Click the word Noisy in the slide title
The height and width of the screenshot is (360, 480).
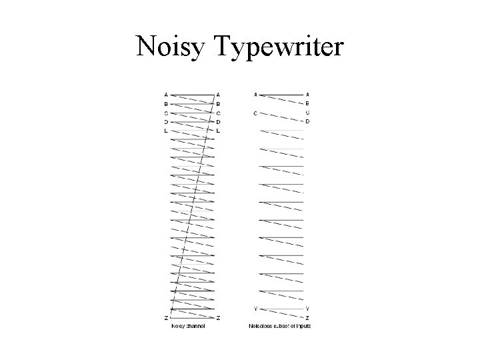[171, 46]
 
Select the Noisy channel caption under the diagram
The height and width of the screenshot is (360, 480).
[188, 326]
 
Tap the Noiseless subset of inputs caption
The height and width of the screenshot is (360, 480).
[280, 326]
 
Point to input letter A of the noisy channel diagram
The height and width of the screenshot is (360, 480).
[166, 95]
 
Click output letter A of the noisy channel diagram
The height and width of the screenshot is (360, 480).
[219, 95]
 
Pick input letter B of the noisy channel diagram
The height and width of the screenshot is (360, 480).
[166, 104]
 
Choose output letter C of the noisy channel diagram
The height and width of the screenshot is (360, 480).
[219, 113]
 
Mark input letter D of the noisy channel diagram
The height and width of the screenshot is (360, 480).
[166, 122]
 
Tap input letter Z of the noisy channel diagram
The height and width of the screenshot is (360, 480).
[166, 318]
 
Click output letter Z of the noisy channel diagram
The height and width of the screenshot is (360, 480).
[219, 318]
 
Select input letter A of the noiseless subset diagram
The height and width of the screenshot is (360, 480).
[255, 95]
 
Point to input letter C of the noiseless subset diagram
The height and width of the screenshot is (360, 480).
[255, 113]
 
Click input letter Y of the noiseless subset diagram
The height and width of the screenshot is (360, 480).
[255, 309]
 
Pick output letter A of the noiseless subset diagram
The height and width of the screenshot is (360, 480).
[307, 95]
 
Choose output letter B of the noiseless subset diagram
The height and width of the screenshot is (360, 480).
[307, 104]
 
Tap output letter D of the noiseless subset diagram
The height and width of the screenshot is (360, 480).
[307, 122]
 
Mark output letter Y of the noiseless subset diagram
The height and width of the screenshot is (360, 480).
[307, 309]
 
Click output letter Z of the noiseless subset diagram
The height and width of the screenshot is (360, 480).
[307, 318]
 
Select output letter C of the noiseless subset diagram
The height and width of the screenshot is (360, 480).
[307, 113]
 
